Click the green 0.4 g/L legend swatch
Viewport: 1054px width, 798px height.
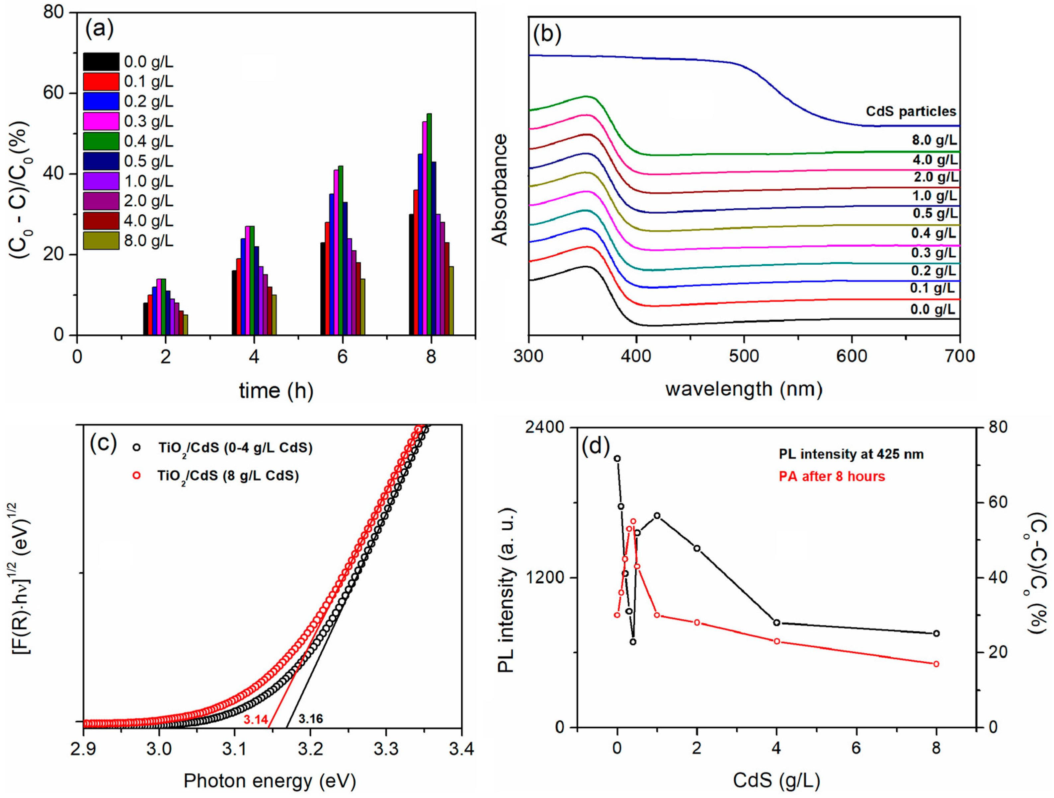pyautogui.click(x=101, y=141)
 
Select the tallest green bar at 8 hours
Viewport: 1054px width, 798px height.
pyautogui.click(x=429, y=224)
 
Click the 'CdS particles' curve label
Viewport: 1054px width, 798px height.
pyautogui.click(x=911, y=111)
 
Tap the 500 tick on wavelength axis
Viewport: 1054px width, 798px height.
pyautogui.click(x=744, y=356)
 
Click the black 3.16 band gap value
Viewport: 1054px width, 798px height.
pyautogui.click(x=311, y=718)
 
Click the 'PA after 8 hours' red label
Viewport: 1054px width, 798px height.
pyautogui.click(x=832, y=477)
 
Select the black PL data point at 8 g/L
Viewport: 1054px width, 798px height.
pyautogui.click(x=936, y=633)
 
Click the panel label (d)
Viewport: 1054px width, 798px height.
pyautogui.click(x=596, y=447)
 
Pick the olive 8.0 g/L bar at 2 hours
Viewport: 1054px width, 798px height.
pyautogui.click(x=185, y=325)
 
